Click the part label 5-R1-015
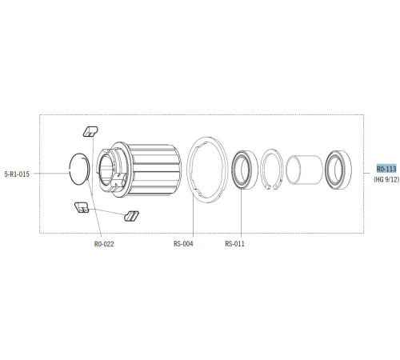point(17,174)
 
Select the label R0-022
point(104,244)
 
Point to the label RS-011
point(234,244)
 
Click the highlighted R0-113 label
point(386,169)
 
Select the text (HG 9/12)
point(386,180)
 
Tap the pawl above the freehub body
point(90,130)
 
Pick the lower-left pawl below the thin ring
point(81,208)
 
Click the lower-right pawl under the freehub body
point(132,215)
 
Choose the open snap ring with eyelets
point(272,170)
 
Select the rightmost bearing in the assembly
point(342,170)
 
